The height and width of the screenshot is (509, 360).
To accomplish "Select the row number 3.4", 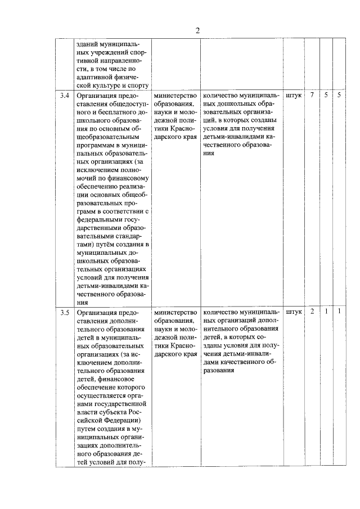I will [65, 96].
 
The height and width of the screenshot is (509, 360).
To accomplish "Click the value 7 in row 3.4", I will [312, 96].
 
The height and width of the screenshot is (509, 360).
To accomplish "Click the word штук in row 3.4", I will [294, 96].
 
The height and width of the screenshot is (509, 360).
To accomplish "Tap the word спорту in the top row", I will [136, 85].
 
